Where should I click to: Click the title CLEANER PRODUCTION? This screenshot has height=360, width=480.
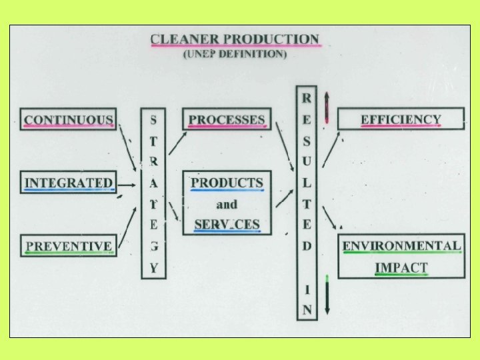[235, 39]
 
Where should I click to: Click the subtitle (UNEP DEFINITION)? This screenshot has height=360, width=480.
[235, 54]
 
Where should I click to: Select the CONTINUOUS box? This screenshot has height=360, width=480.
[68, 119]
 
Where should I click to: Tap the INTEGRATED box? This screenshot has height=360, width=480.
[68, 183]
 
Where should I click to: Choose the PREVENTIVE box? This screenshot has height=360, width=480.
[68, 245]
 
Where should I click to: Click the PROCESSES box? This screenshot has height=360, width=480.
[227, 119]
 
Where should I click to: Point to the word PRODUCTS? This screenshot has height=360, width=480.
[227, 183]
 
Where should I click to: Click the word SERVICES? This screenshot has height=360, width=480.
[227, 224]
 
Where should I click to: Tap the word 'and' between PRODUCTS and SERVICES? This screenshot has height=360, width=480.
[227, 203]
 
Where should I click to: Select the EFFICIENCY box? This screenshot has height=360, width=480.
[401, 119]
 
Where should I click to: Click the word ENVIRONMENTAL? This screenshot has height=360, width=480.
[401, 245]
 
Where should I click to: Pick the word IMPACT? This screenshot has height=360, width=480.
[401, 267]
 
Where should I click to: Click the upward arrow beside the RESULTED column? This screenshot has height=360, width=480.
[327, 107]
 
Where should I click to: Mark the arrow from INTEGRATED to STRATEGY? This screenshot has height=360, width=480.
[127, 183]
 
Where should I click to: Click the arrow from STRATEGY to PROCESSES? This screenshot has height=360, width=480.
[177, 143]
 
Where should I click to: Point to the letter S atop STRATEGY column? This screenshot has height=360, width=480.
[153, 121]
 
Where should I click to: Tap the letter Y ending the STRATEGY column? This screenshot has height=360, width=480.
[153, 269]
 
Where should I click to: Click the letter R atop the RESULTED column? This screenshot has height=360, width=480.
[306, 98]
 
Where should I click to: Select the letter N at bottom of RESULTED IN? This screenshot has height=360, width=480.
[306, 309]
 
